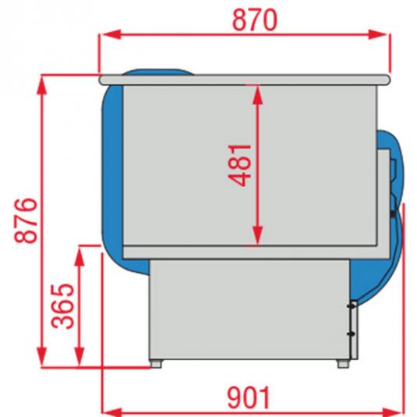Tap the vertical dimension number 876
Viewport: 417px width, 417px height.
click(x=23, y=221)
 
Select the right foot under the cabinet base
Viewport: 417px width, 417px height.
click(x=342, y=362)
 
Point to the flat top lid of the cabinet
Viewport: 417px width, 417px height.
click(x=246, y=77)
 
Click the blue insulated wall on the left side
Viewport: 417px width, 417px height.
click(x=111, y=171)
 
